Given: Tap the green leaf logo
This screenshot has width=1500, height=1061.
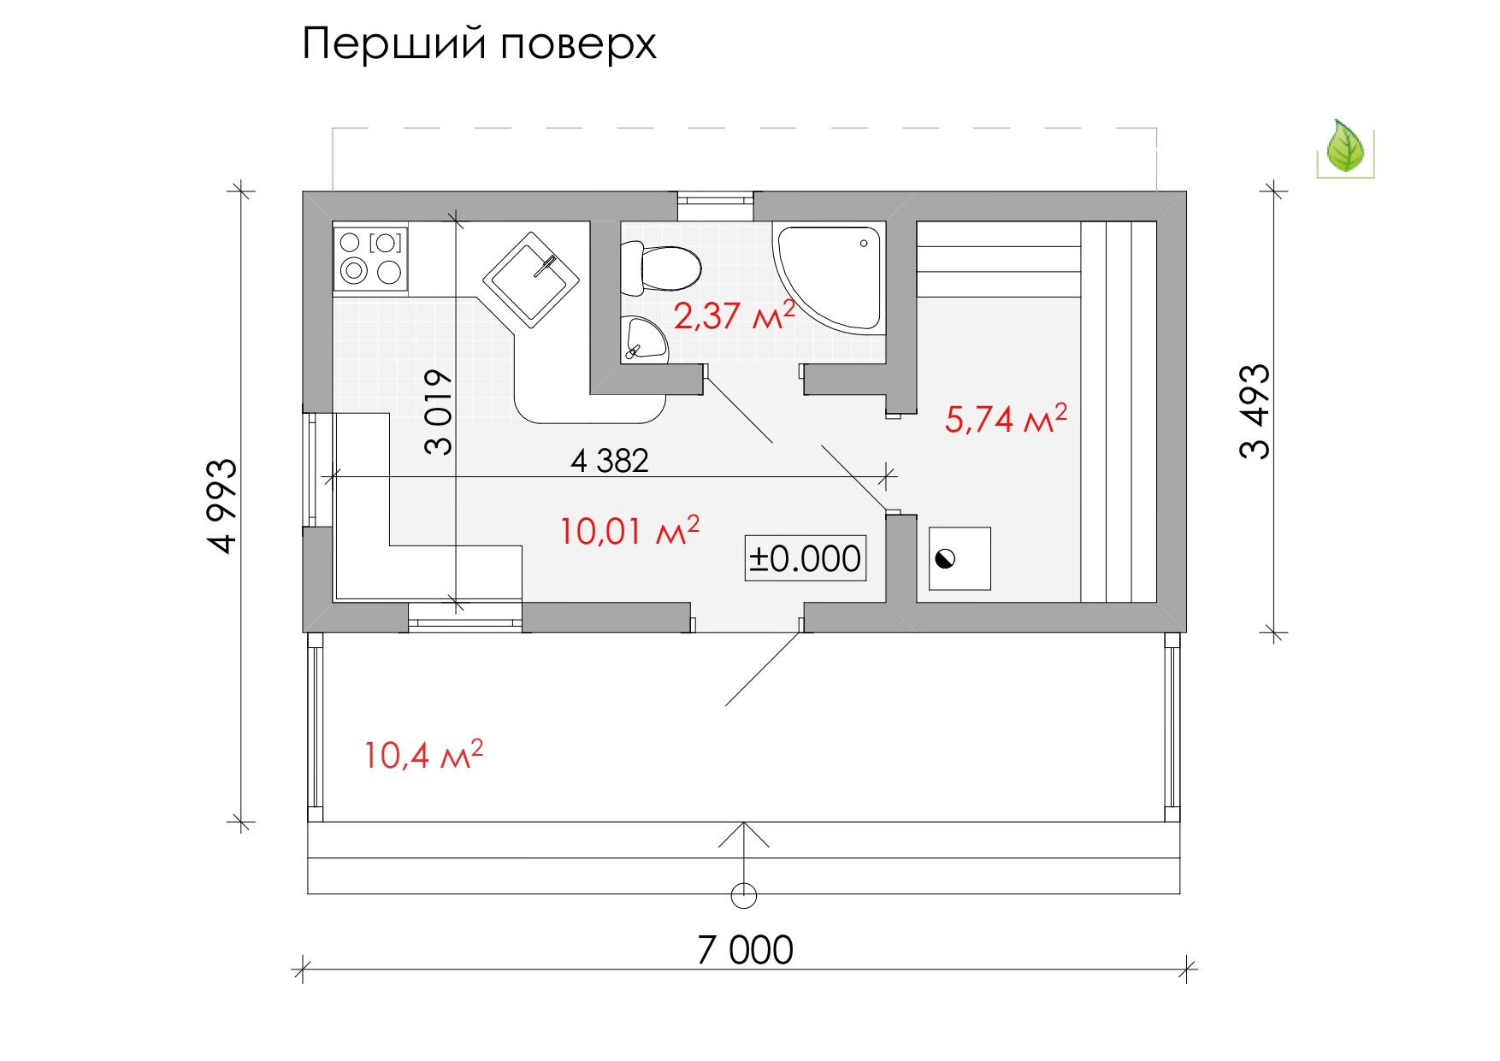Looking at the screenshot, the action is [x=1345, y=147].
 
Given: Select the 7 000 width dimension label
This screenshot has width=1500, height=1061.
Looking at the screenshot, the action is [x=745, y=950].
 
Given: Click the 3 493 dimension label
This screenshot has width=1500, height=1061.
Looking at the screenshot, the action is [x=1255, y=413].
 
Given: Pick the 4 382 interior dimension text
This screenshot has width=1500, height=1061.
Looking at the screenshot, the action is [x=610, y=461].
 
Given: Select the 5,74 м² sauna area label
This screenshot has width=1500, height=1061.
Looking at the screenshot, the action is [x=1006, y=419].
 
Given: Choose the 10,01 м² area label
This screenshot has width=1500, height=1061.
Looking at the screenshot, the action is [x=630, y=532].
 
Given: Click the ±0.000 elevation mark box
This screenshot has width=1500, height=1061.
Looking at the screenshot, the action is [x=805, y=559].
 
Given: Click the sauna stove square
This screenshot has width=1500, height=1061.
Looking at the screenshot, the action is [x=960, y=558].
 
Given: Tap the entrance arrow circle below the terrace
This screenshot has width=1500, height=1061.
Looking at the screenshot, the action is [x=745, y=894].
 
